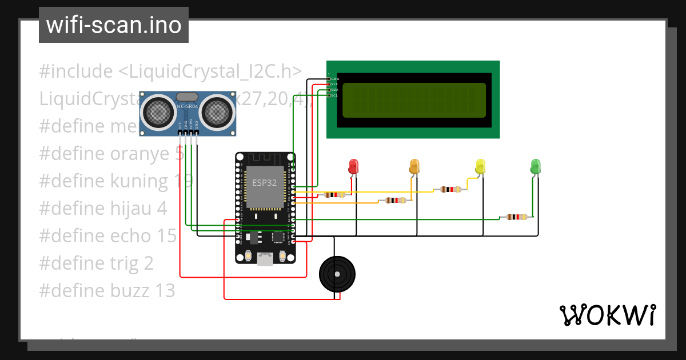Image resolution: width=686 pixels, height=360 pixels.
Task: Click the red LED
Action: coord(354,167)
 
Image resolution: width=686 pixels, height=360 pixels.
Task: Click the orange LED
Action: coord(414,167)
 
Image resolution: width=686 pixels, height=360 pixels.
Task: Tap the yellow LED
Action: coord(480,167)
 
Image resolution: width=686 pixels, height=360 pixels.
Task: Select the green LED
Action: coord(535,166)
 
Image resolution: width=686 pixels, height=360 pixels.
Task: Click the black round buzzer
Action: coord(337,275)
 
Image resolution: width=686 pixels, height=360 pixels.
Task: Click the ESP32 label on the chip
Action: coord(265,183)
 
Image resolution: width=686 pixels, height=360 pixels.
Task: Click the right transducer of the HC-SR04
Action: coord(218,111)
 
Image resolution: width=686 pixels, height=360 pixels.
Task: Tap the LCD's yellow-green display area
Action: coord(414,100)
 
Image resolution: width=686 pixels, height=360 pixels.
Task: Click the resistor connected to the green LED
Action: coord(517,217)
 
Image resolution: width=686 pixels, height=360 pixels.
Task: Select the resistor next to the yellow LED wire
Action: coord(451,189)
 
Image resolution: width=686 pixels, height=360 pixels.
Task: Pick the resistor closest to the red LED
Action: coord(334,195)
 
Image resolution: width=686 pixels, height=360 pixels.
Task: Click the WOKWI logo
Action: coord(607,315)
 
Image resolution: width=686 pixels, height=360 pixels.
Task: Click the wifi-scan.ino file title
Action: coord(113,25)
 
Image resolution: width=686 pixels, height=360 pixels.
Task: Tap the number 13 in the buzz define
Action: coord(165,291)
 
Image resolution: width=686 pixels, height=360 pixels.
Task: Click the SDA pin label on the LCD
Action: coord(334,90)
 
